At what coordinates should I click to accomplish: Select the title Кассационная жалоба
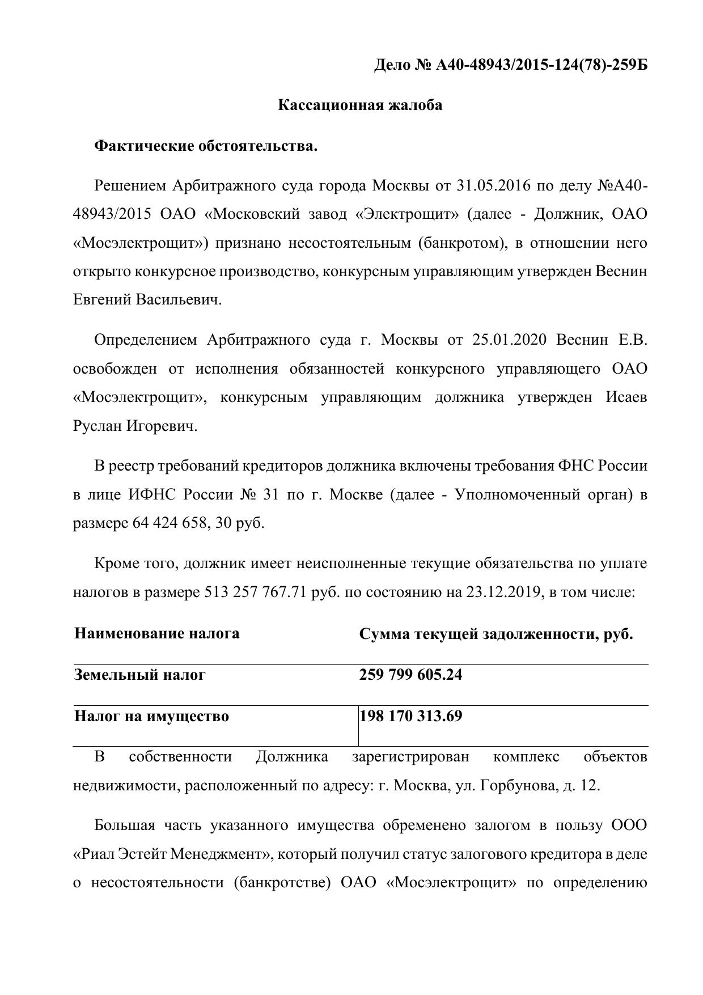(360, 105)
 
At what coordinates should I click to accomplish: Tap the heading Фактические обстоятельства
(206, 146)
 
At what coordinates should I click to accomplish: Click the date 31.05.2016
(493, 186)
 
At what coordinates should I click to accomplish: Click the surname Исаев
(626, 397)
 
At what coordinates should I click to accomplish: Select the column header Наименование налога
(156, 633)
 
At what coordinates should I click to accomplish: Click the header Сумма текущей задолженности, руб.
(496, 634)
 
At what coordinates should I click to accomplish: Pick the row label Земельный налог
(139, 675)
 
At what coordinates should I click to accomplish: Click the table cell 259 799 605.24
(410, 675)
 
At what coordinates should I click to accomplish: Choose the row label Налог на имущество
(151, 717)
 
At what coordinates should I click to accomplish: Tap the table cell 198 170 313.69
(411, 717)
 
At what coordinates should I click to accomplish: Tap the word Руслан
(98, 426)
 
